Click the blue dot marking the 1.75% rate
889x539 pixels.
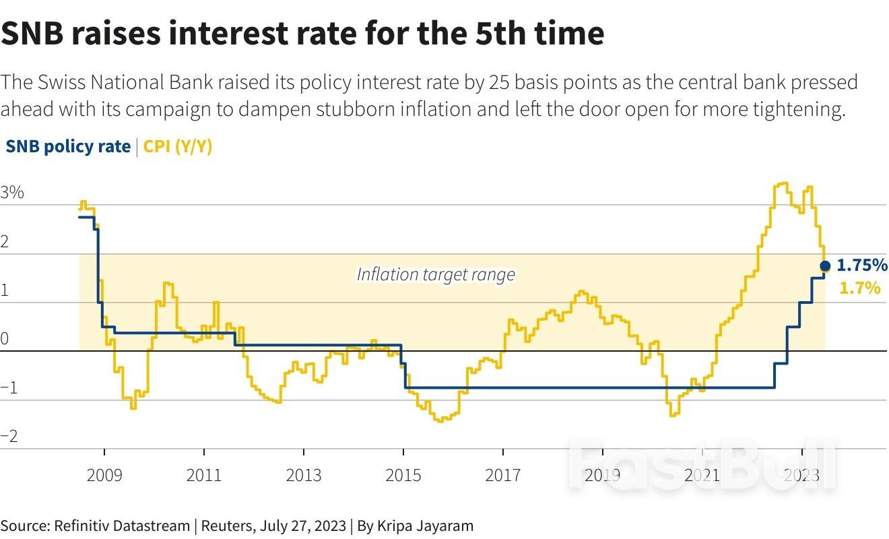click(825, 266)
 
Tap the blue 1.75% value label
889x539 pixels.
click(862, 265)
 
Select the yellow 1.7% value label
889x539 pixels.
click(860, 288)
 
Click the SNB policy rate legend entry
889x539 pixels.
click(68, 147)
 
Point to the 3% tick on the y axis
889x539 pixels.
click(13, 193)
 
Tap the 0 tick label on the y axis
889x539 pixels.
click(5, 339)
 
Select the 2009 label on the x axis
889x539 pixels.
click(104, 476)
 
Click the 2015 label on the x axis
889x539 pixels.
click(403, 476)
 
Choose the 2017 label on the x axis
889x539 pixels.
click(503, 476)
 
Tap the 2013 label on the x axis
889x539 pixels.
click(304, 476)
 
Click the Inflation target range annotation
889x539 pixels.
click(436, 275)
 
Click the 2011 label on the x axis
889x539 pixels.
click(204, 476)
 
